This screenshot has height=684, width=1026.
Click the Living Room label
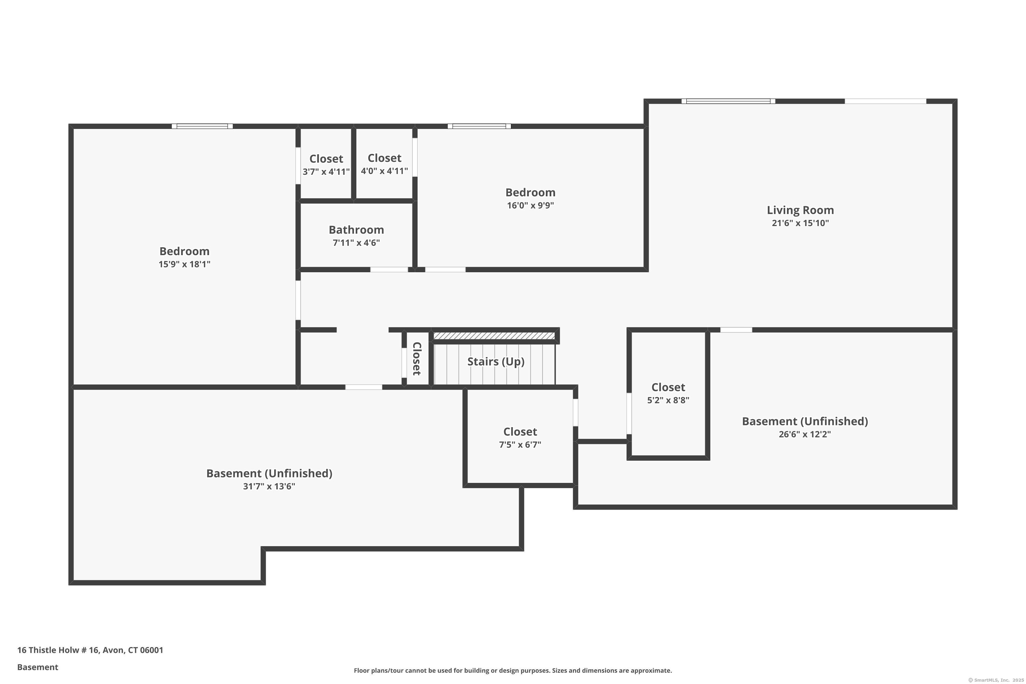800,210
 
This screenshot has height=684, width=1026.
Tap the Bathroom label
356,230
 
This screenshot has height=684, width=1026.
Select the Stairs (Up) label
496,361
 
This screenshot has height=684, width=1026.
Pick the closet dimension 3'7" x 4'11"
326,171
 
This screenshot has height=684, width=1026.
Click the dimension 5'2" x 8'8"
668,400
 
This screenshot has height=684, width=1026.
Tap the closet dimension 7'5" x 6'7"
520,445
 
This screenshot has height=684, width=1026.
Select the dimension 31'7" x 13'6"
269,486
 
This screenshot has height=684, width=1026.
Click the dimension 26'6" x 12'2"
804,434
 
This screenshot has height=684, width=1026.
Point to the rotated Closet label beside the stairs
417,358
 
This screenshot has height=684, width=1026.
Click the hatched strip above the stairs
494,336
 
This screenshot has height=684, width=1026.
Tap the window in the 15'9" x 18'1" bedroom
202,127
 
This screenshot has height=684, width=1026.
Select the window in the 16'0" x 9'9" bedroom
479,127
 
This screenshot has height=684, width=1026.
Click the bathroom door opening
389,269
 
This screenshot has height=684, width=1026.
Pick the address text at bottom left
90,650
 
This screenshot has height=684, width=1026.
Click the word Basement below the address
38,667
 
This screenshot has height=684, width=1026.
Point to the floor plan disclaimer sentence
513,670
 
